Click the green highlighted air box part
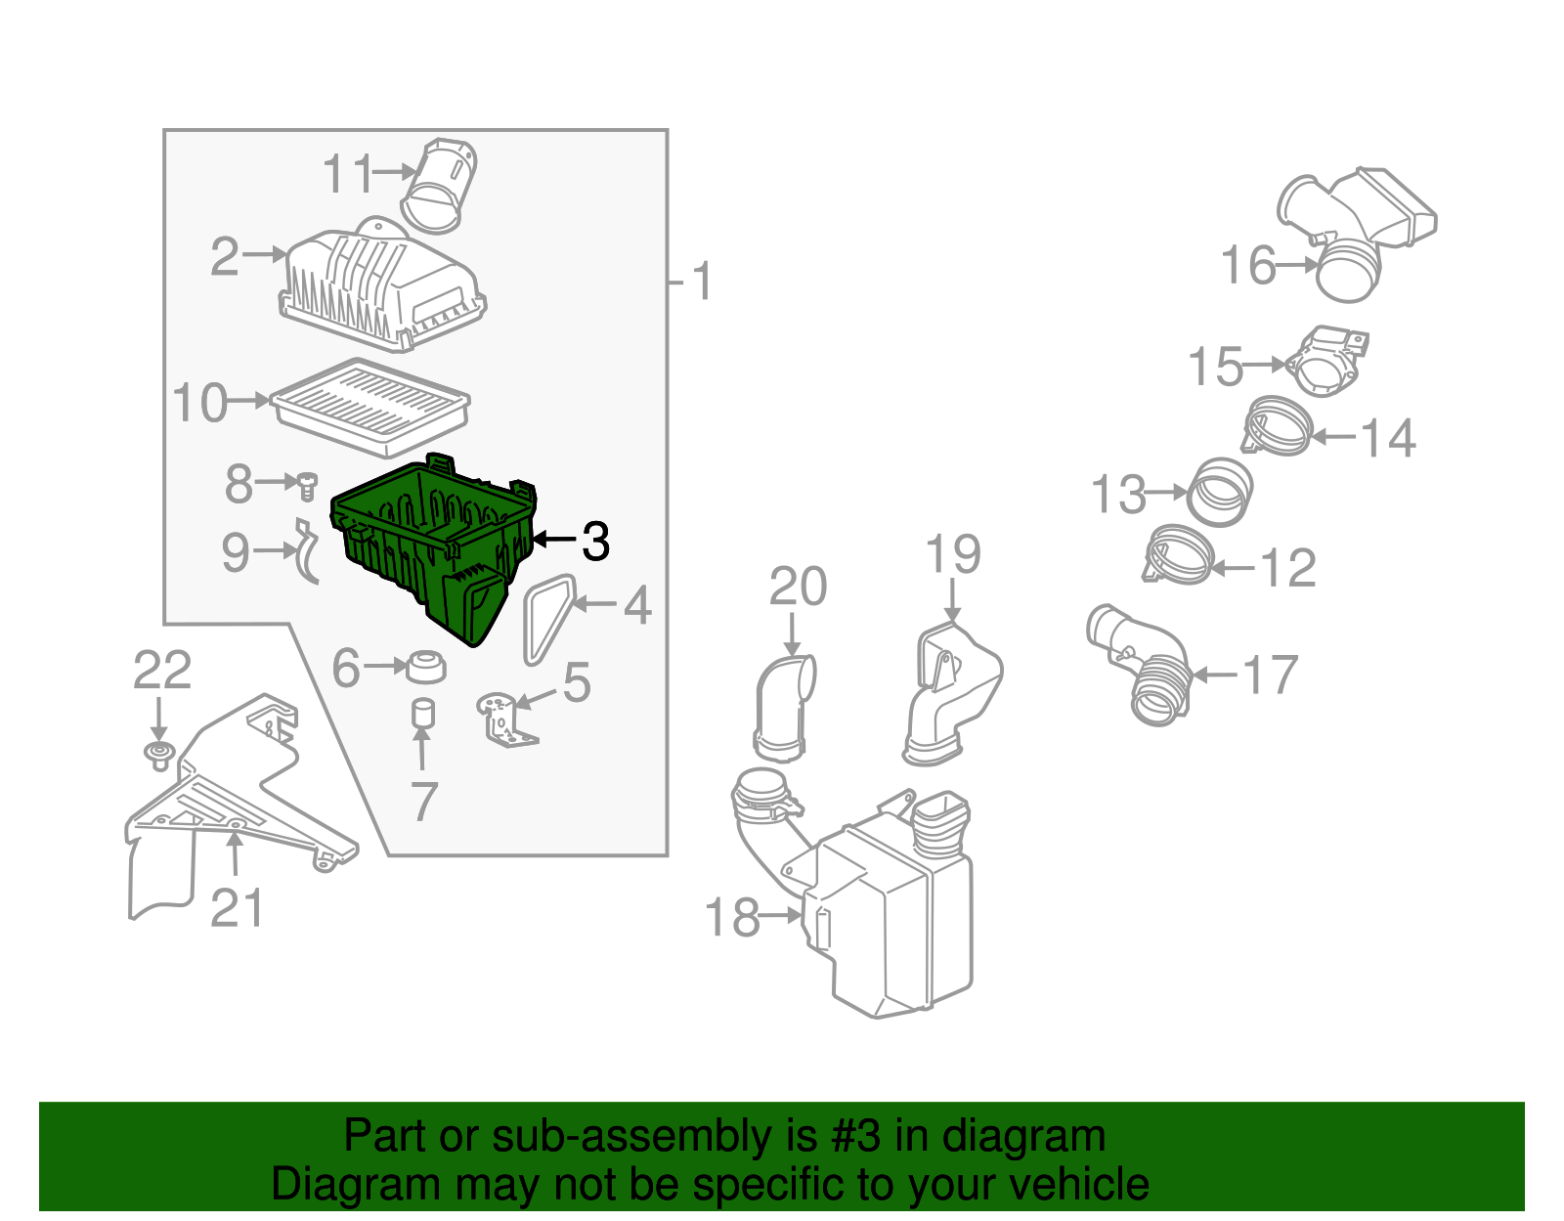[x=430, y=547]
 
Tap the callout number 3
[x=594, y=541]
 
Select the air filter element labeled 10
[x=371, y=406]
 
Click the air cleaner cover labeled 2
[x=381, y=283]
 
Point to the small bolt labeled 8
[x=307, y=483]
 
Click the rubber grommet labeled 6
[x=425, y=667]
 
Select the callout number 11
[x=347, y=174]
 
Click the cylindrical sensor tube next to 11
[x=440, y=186]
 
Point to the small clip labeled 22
[x=158, y=755]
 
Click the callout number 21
[x=237, y=909]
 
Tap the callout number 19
[x=953, y=554]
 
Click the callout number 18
[x=731, y=917]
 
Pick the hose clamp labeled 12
[x=1178, y=555]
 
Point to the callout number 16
[x=1248, y=266]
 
